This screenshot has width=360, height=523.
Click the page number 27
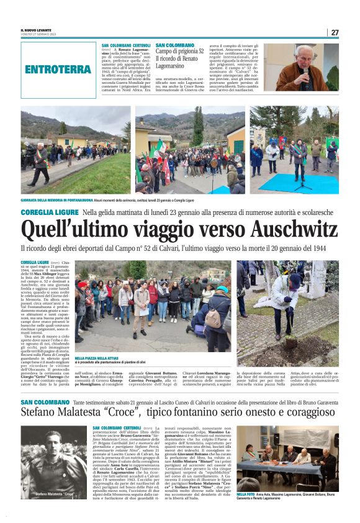pos(335,32)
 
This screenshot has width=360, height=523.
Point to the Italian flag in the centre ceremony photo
pos(160,148)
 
